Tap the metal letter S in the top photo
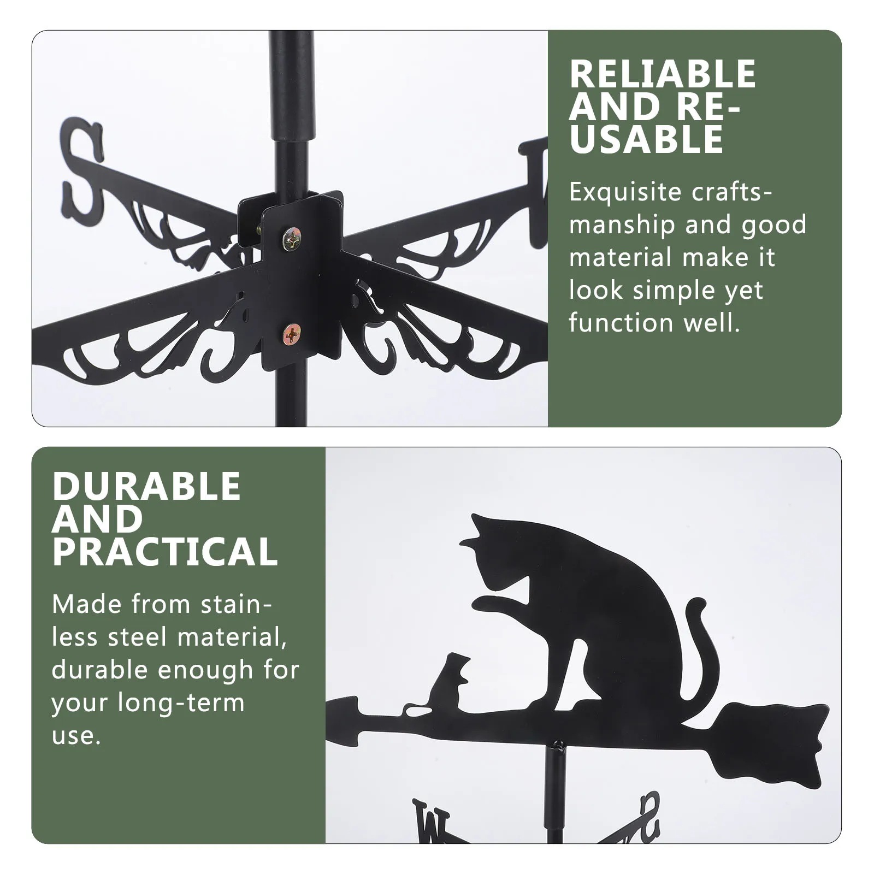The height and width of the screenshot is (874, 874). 82,169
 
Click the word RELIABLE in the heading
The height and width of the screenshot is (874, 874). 662,74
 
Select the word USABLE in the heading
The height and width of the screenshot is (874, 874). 646,139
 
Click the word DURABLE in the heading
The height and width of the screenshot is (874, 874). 146,486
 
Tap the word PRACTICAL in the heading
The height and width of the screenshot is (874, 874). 165,552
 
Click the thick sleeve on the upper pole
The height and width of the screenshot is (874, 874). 293,87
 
